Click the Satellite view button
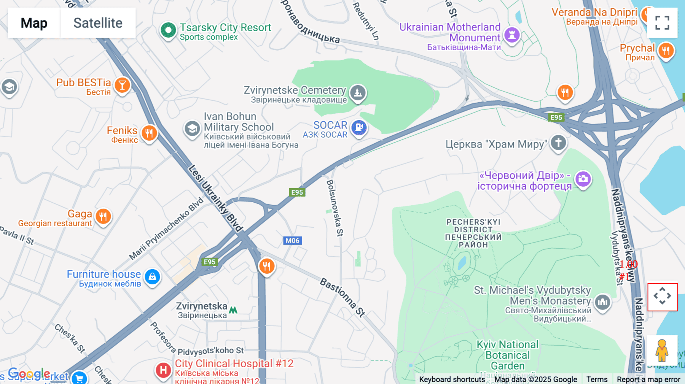coord(98,23)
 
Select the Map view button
coord(34,23)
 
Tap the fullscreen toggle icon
coord(662,23)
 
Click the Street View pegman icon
coord(662,350)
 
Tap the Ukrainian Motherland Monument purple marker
coord(512,35)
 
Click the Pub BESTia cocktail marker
coord(122,85)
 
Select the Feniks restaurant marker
coord(149,133)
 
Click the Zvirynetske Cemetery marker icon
coord(358,92)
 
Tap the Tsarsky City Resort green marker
coord(168,30)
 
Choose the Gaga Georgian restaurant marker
coord(103,217)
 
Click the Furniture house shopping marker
coord(152,276)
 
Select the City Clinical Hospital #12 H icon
coord(163,370)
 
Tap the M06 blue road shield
coord(292,241)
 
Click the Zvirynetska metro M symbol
coord(233,310)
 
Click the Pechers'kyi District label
coord(473,233)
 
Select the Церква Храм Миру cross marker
coord(558,143)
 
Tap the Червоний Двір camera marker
coord(583,178)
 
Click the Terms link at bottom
coord(597,379)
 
